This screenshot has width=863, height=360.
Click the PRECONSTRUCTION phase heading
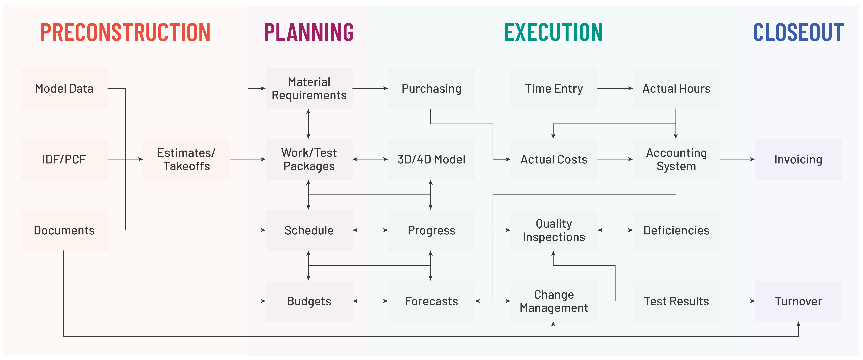tap(125, 32)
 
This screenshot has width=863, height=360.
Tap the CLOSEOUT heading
tap(798, 32)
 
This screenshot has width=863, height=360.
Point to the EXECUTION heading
tap(553, 32)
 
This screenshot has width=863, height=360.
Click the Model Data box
tap(64, 88)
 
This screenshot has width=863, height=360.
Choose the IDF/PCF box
tap(64, 159)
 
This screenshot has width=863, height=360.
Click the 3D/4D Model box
tap(431, 159)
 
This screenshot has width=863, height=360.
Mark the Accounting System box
tap(676, 159)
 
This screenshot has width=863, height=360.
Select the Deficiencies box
tap(676, 230)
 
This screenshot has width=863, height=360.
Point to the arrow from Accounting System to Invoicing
tap(737, 159)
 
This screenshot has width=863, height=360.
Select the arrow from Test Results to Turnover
tap(737, 301)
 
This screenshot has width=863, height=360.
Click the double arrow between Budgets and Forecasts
tap(370, 301)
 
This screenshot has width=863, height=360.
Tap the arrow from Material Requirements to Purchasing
tap(370, 88)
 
